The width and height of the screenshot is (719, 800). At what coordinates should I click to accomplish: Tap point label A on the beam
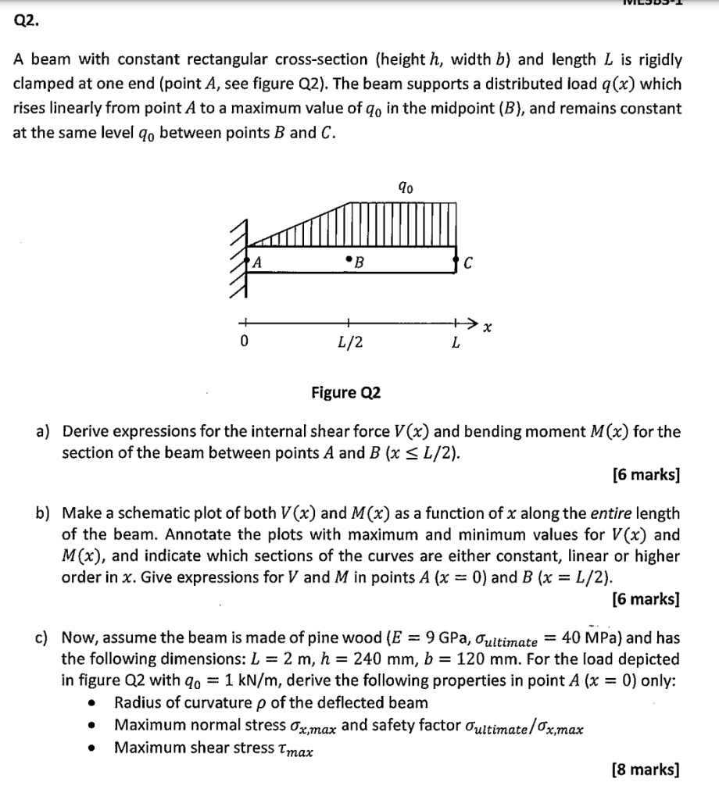click(255, 263)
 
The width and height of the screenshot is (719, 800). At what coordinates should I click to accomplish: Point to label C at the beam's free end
click(467, 263)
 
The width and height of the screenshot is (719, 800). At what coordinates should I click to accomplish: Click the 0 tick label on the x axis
click(244, 341)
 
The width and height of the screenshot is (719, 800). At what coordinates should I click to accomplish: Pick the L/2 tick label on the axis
click(349, 341)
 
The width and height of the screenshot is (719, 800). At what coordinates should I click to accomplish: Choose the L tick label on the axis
click(455, 341)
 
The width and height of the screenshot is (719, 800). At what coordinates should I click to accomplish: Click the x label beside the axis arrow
click(487, 328)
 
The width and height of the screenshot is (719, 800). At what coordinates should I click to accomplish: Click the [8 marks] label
click(645, 770)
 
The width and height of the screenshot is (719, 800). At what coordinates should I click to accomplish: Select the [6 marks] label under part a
click(645, 474)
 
